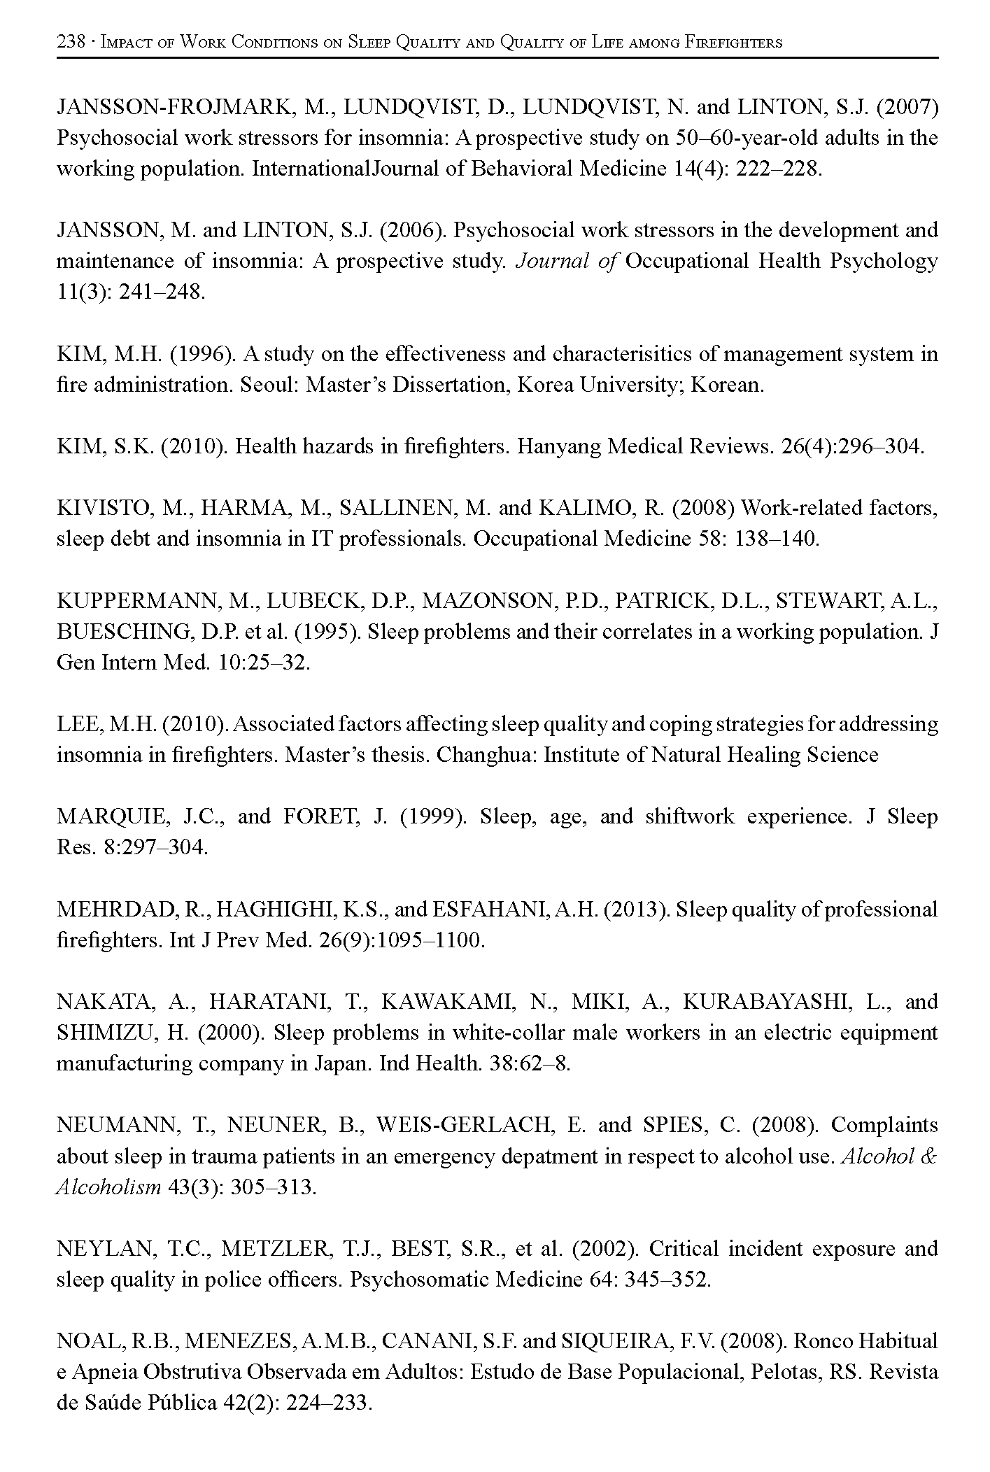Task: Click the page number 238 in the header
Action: (71, 43)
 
